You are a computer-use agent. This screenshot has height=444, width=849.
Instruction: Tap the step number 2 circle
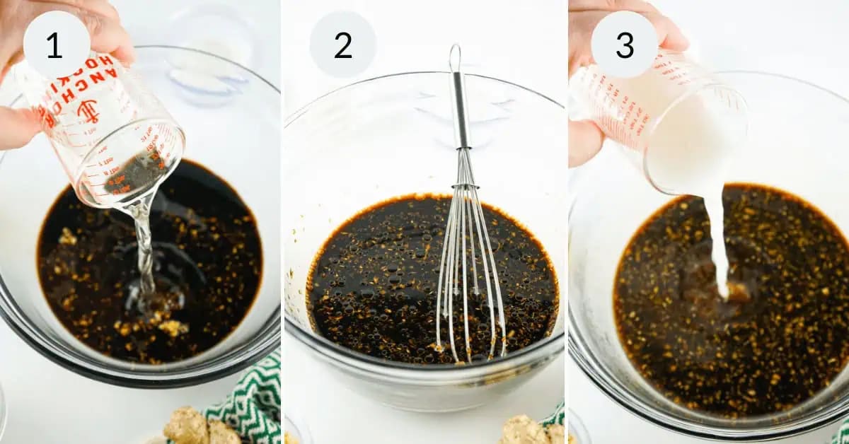pyautogui.click(x=342, y=45)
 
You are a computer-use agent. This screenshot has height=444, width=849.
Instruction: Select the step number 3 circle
pyautogui.click(x=624, y=45)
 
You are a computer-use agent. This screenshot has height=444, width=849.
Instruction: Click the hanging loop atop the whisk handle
pyautogui.click(x=455, y=58)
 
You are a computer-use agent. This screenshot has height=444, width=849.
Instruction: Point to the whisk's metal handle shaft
pyautogui.click(x=461, y=113)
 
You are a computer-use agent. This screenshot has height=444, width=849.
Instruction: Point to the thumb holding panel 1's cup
pyautogui.click(x=21, y=127)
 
